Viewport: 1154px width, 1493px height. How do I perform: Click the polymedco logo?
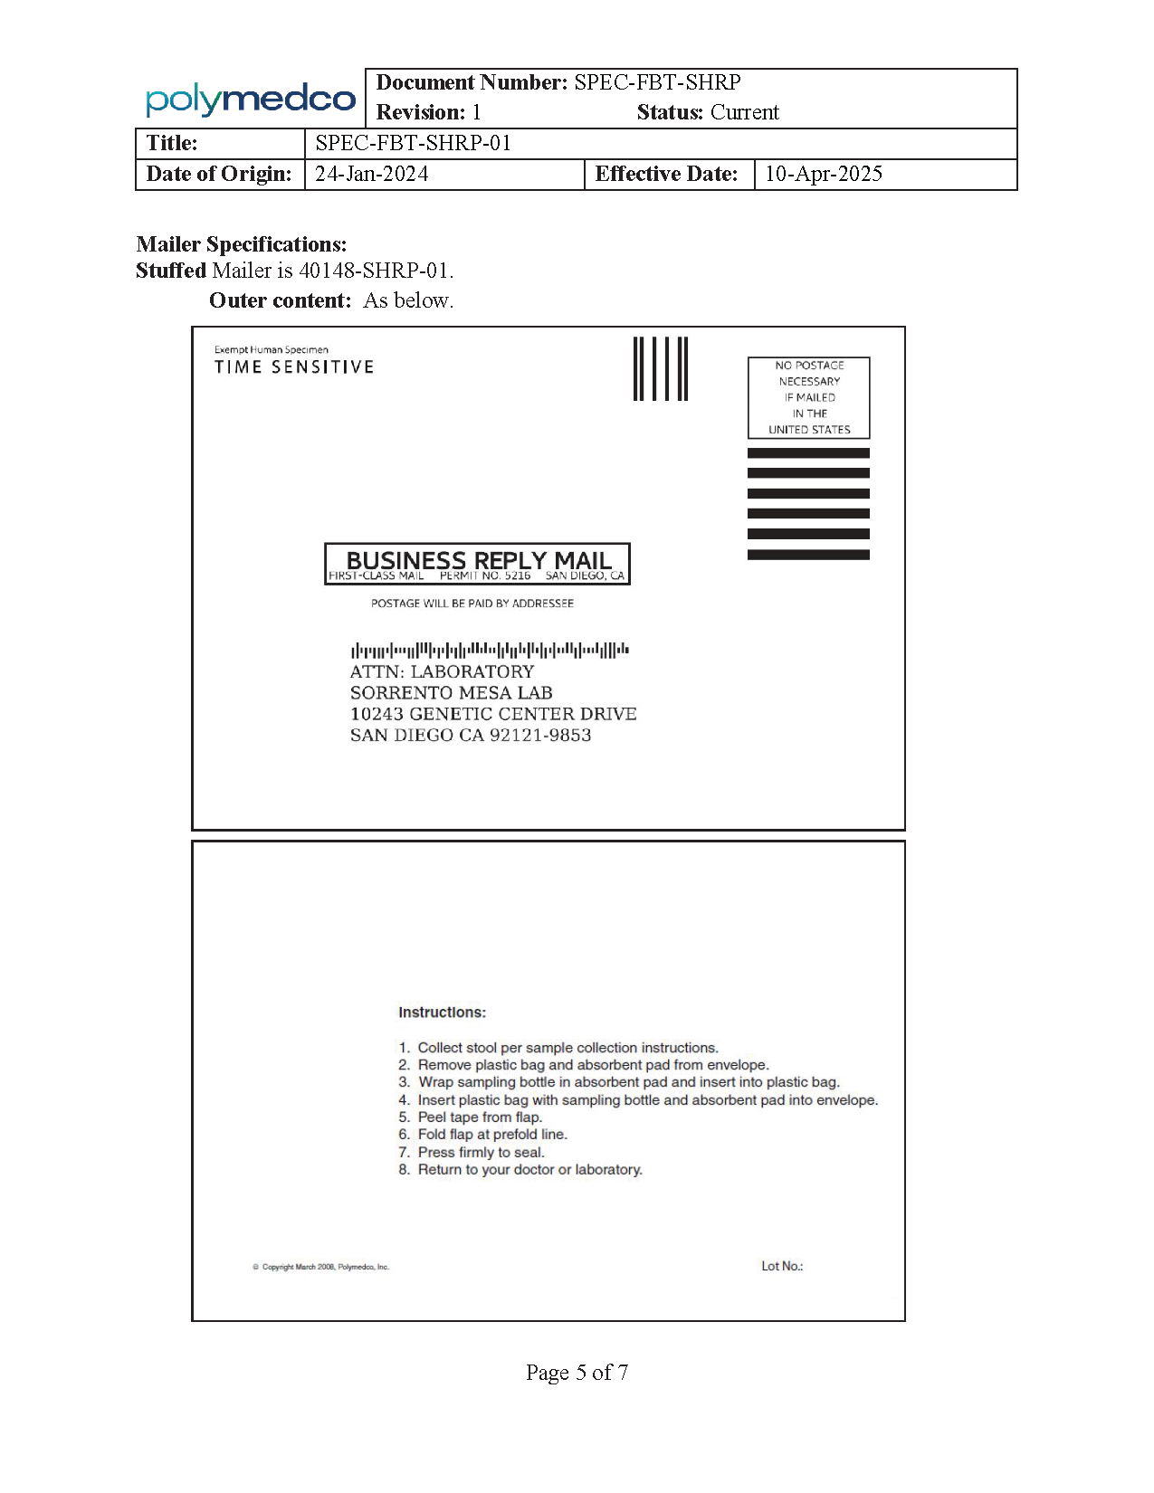(250, 99)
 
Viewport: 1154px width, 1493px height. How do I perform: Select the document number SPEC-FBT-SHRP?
(657, 82)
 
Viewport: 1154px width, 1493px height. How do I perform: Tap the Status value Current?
(744, 112)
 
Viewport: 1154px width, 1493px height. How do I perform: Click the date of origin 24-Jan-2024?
(371, 174)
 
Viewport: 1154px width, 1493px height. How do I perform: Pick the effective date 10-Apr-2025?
(823, 174)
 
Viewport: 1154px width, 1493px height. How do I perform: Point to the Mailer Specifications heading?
(242, 244)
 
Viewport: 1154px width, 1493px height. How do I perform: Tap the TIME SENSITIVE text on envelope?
(293, 366)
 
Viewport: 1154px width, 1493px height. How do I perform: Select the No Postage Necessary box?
(808, 397)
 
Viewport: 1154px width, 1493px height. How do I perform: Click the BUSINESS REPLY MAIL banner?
(478, 560)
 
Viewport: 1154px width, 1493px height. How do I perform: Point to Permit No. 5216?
(485, 575)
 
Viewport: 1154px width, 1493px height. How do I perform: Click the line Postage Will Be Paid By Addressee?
(472, 604)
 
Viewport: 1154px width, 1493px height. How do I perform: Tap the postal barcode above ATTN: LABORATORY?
(490, 650)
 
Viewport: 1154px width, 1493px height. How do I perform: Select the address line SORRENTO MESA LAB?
(451, 693)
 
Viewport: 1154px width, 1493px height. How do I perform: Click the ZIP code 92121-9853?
(540, 736)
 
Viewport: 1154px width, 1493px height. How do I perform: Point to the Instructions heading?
(442, 1013)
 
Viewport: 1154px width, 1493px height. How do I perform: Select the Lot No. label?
(782, 1266)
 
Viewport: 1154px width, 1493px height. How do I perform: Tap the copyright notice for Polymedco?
(321, 1267)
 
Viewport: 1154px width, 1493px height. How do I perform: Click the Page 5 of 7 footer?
(577, 1373)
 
